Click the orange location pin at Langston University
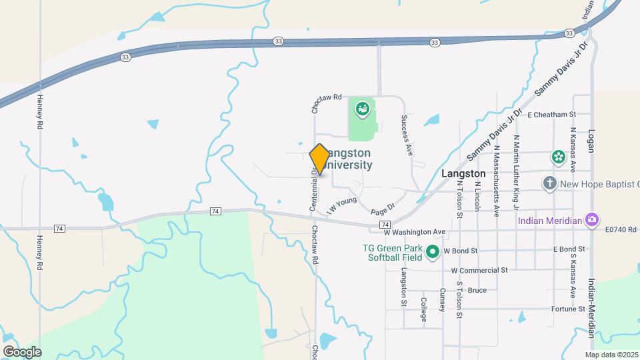[x=320, y=159]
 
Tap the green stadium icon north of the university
[x=362, y=108]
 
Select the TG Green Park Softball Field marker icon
[x=432, y=252]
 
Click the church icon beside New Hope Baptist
[x=549, y=183]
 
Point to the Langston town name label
[x=464, y=173]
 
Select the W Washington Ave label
[x=414, y=232]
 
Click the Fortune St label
[x=568, y=309]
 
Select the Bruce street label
[x=477, y=290]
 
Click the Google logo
[x=22, y=351]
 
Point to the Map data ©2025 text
[x=611, y=355]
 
